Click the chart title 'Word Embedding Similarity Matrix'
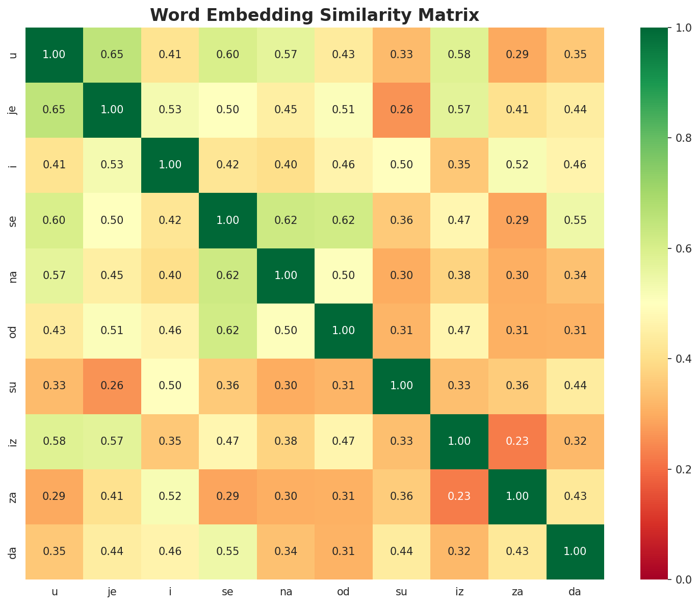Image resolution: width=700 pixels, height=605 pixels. (x=315, y=15)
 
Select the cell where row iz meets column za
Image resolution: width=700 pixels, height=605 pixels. (x=517, y=441)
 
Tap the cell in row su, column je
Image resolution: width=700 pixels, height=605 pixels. (x=112, y=386)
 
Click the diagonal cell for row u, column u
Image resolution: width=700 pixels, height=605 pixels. (x=54, y=55)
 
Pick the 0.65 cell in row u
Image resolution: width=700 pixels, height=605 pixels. (x=112, y=55)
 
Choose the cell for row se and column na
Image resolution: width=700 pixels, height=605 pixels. (x=286, y=220)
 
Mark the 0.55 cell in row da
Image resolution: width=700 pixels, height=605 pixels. (x=228, y=551)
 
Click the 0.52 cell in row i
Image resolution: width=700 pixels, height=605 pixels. (x=517, y=165)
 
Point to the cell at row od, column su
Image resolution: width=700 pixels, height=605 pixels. (x=402, y=331)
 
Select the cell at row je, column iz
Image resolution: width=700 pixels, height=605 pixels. (x=459, y=110)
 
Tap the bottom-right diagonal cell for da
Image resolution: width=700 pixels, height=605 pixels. (x=576, y=551)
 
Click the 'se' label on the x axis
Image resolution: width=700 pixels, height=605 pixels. (x=228, y=592)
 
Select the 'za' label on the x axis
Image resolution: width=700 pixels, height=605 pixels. (x=517, y=592)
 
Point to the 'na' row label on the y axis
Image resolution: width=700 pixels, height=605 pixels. (x=14, y=276)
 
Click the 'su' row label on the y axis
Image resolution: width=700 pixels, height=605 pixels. (x=14, y=386)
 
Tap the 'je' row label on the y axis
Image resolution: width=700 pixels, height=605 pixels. (x=14, y=110)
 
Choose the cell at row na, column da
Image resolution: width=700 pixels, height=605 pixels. (x=576, y=276)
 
